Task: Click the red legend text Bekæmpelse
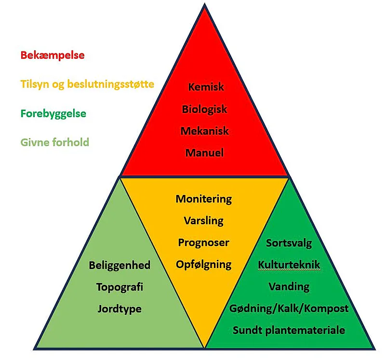tap(53, 55)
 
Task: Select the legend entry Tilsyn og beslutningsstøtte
tap(87, 85)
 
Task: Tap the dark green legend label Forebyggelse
tap(53, 114)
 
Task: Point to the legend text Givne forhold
tap(55, 142)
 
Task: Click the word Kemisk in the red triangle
tap(206, 88)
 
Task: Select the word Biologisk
tap(204, 109)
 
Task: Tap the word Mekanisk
tap(205, 131)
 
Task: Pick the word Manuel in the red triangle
tap(204, 153)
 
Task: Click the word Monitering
tap(204, 199)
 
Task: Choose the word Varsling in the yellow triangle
tap(204, 221)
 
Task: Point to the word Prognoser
tap(204, 243)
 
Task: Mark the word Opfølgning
tap(204, 264)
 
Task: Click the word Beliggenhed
tap(120, 265)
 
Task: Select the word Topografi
tap(120, 287)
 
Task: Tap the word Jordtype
tap(120, 309)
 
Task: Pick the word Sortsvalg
tap(289, 243)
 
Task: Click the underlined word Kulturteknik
tap(289, 265)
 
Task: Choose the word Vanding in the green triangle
tap(289, 286)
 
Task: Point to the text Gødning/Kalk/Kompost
tap(289, 309)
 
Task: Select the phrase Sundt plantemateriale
tap(289, 331)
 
